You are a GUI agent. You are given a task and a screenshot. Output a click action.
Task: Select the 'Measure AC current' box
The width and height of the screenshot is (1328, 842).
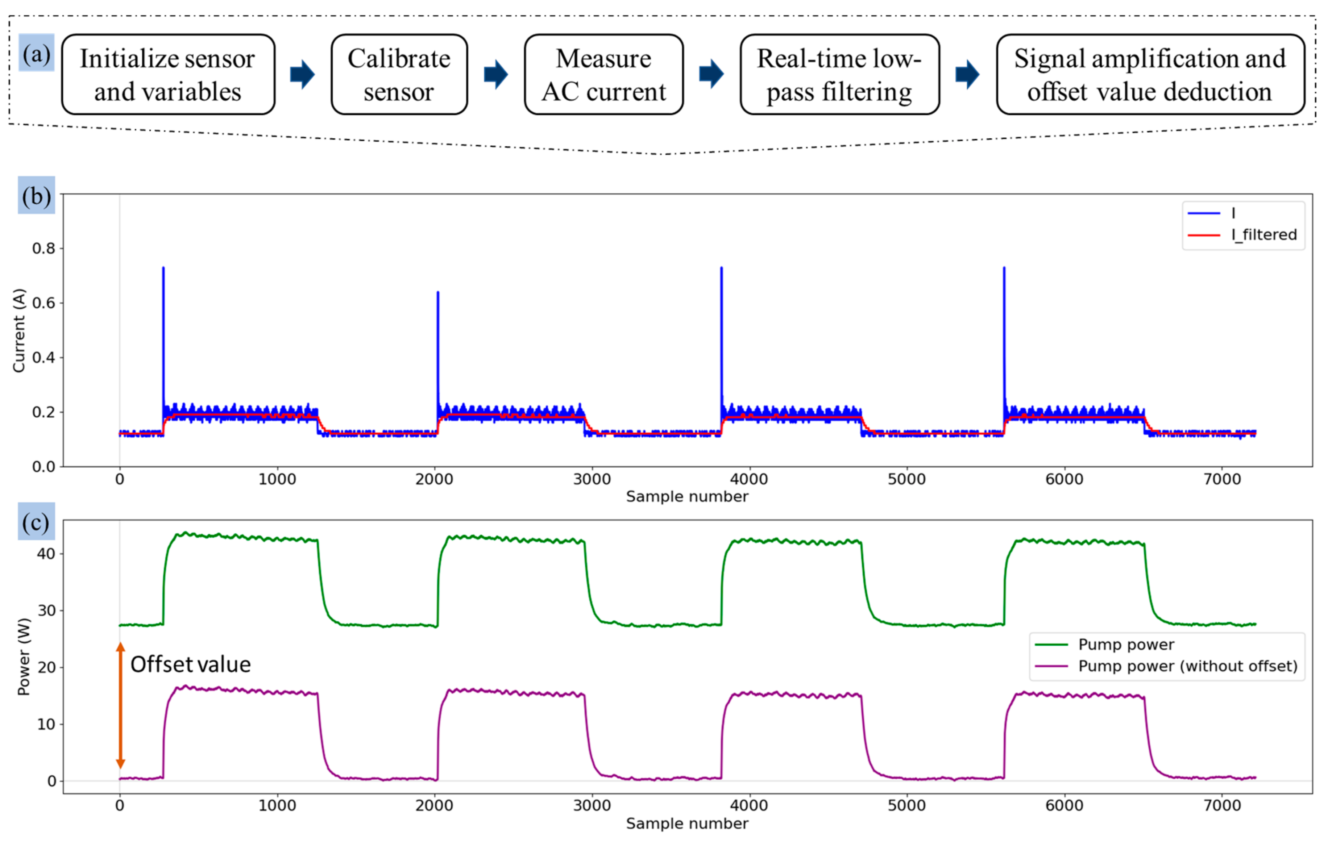point(603,74)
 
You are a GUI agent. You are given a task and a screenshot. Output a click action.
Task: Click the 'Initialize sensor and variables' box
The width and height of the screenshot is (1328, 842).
point(168,74)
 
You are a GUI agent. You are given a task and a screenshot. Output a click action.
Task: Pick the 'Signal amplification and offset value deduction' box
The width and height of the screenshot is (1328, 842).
point(1150,74)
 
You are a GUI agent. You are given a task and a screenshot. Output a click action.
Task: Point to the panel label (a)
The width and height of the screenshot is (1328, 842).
point(36,54)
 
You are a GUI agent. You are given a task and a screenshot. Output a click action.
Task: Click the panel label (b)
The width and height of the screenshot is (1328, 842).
point(36,195)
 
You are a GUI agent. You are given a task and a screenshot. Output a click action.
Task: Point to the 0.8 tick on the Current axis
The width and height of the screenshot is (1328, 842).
point(44,248)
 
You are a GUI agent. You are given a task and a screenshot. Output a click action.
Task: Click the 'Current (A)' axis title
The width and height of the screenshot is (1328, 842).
point(19,330)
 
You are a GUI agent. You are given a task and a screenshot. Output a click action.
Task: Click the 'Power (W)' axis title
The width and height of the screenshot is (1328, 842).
point(23,657)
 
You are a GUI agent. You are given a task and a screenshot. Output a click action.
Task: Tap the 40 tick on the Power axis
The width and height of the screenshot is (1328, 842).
point(46,554)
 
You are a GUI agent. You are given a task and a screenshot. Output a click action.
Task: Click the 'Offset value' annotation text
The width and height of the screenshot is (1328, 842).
point(190,664)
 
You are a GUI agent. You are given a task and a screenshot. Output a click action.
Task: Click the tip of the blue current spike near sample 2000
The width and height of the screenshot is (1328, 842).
point(438,293)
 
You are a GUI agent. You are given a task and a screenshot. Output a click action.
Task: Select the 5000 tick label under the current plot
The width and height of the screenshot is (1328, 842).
point(906,479)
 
